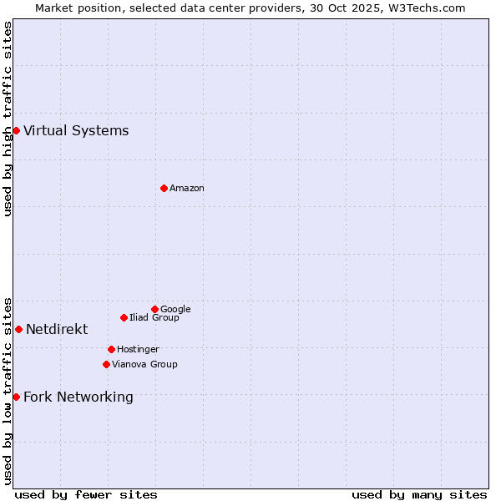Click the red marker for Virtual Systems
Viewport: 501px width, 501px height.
coord(16,130)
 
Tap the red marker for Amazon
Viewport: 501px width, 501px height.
coord(164,188)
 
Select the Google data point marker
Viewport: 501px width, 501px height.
coord(154,309)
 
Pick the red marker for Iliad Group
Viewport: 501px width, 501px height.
coord(124,317)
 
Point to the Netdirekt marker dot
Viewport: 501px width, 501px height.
coord(18,329)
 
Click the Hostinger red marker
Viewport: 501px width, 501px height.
coord(111,349)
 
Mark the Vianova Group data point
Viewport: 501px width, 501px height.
coord(106,364)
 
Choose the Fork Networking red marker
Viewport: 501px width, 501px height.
coord(16,397)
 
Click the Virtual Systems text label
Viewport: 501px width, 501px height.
coord(76,130)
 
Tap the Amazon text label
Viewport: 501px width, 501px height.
coord(187,188)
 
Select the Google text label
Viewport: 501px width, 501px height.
coord(175,309)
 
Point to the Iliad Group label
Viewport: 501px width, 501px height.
coord(154,317)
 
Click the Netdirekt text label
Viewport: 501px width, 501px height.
coord(57,329)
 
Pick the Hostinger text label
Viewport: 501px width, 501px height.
coord(138,349)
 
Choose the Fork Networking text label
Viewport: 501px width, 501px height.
coord(78,397)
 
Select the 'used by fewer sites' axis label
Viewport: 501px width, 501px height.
coord(86,494)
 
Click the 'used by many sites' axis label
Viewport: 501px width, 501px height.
coord(419,494)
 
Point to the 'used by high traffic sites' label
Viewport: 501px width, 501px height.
coord(8,119)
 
